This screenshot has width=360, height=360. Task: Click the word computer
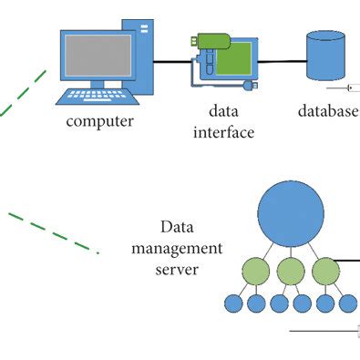pos(100,121)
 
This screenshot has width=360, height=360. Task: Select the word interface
pos(224,133)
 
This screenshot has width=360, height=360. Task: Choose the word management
pos(177,248)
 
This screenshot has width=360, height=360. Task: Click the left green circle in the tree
pos(254,270)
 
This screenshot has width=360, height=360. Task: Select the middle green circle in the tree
pos(290,270)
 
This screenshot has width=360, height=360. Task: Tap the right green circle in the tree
pos(325,270)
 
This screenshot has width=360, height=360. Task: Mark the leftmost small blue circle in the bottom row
pos(232,303)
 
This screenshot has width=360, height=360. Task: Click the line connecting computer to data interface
pos(169,62)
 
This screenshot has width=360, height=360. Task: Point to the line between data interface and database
pos(278,62)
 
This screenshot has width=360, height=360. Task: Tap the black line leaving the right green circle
pos(349,262)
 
